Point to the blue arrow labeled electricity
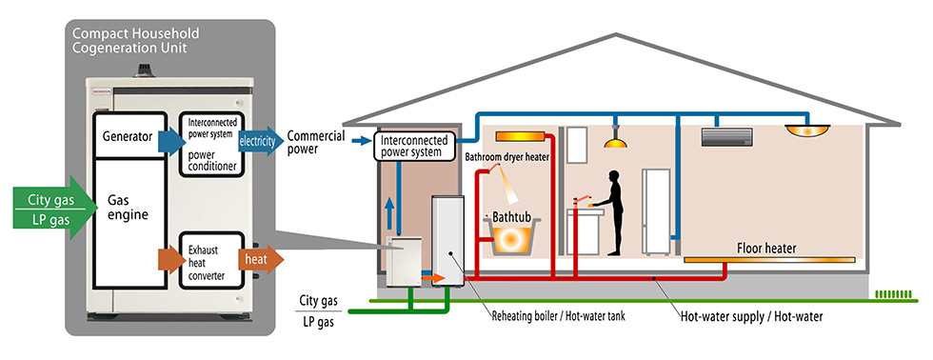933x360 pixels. click(x=259, y=142)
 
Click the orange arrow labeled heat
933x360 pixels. click(x=259, y=259)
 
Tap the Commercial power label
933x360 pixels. click(x=315, y=142)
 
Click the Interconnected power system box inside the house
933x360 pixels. click(x=424, y=146)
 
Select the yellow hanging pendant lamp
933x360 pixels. click(x=617, y=142)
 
